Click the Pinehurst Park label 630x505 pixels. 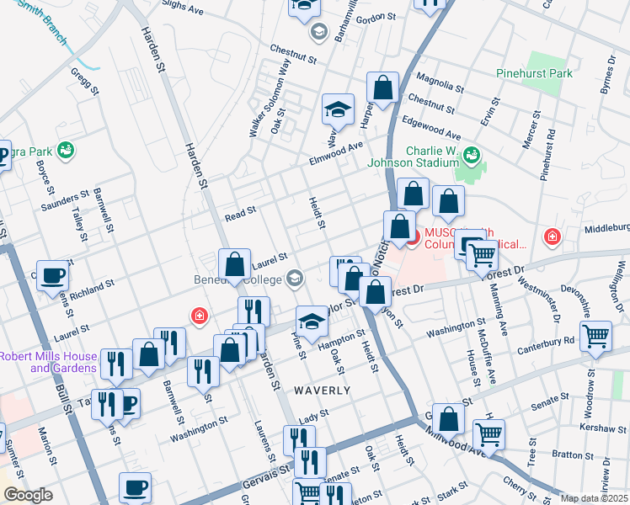click(x=558, y=74)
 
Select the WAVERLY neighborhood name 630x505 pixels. click(x=322, y=391)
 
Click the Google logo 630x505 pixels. click(x=27, y=495)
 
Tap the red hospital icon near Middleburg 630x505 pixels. click(x=553, y=238)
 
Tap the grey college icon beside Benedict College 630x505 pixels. click(x=295, y=277)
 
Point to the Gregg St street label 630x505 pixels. click(x=85, y=81)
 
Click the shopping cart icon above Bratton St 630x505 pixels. click(x=489, y=435)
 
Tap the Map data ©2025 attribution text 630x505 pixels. click(x=594, y=498)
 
